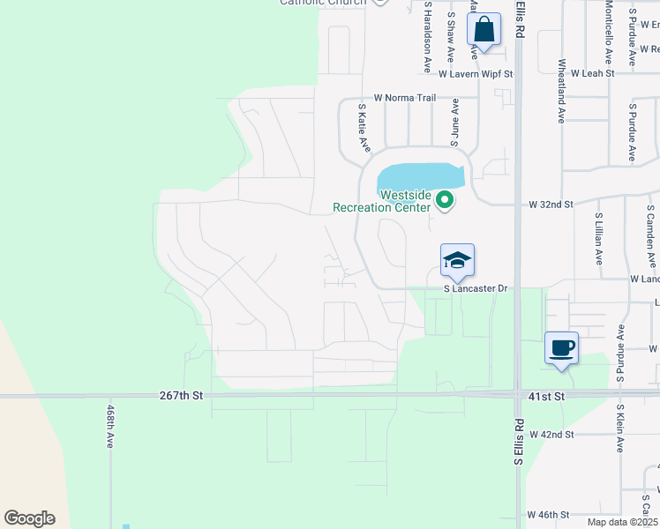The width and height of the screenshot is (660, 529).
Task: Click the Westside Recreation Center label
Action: pos(379,201)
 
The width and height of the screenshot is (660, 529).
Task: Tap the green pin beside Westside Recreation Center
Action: pos(446,201)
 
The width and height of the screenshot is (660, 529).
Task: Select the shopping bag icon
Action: pos(484,30)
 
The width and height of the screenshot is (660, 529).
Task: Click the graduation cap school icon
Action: pos(457,261)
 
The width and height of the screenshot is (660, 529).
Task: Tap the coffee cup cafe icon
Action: pos(561,348)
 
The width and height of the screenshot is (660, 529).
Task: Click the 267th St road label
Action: pos(182,397)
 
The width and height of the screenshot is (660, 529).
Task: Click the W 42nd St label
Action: pos(551,435)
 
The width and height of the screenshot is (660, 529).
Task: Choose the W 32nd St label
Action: pos(551,204)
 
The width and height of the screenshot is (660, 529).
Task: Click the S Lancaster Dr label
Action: pos(476,288)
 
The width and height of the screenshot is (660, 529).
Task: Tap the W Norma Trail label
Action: pos(405,98)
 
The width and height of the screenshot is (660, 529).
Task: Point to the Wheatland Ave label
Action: pos(561,91)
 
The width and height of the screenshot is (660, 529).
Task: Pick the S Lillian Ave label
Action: pos(598,239)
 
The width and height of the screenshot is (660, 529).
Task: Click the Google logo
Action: pos(29,518)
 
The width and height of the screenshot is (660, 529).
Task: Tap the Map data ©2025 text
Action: pos(622,522)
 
